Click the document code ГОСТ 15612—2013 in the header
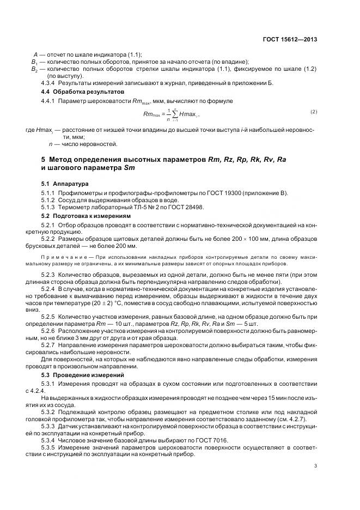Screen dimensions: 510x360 pos(290,39)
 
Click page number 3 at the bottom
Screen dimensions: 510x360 pos(316,465)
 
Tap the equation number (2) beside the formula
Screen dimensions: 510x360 pos(314,112)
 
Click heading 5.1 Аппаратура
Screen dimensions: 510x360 pos(65,184)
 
